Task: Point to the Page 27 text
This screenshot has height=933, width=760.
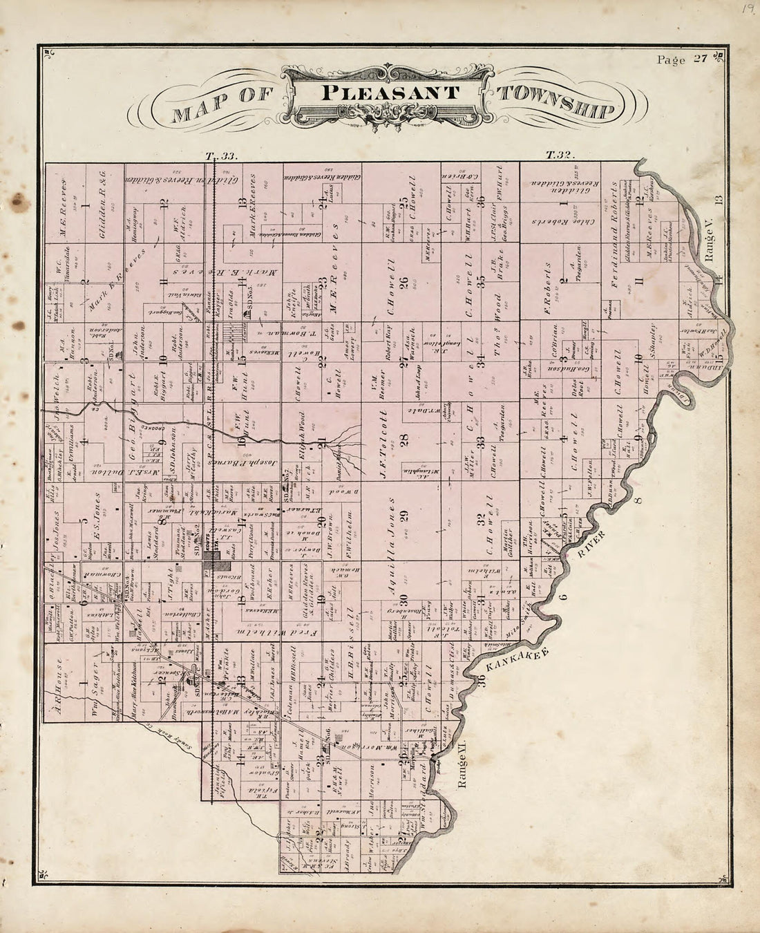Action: [x=681, y=59]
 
